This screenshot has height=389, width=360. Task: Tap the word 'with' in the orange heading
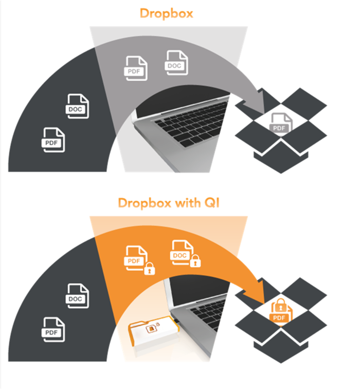(187, 203)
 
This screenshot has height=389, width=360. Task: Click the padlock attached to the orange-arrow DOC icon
(195, 262)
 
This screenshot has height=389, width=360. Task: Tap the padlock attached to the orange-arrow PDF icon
(150, 269)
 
